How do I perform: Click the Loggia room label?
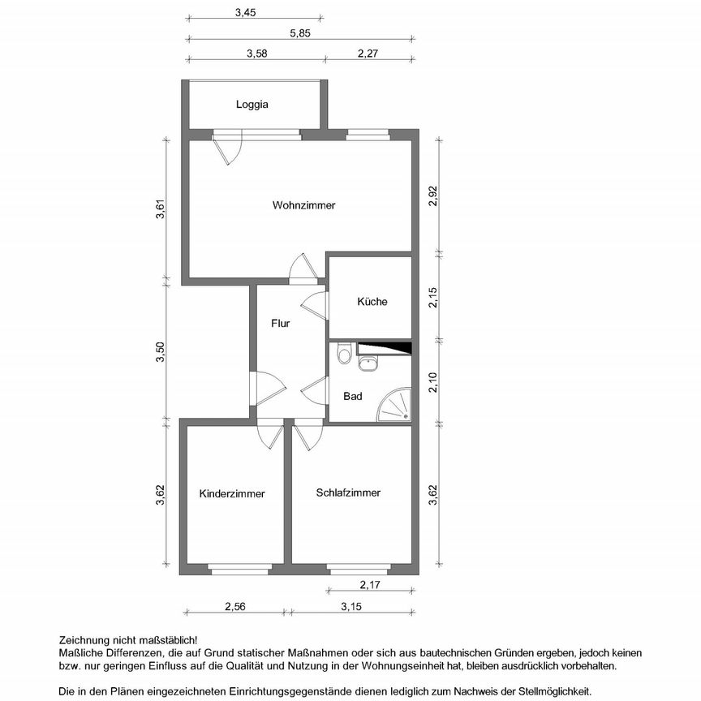tap(252, 105)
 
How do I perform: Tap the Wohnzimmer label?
tap(303, 205)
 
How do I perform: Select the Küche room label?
tap(372, 302)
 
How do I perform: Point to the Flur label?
tap(281, 323)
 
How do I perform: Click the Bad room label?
tap(353, 397)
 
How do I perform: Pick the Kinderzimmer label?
tap(232, 493)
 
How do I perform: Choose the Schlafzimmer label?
tap(349, 492)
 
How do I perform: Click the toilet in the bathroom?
tap(345, 354)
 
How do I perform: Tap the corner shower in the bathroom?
tap(397, 405)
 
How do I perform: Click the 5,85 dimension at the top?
tap(300, 34)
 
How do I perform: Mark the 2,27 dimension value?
tap(368, 54)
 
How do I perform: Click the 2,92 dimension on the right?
tap(434, 197)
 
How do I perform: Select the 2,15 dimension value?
tap(434, 298)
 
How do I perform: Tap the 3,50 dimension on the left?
tap(161, 352)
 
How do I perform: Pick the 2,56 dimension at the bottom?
tap(235, 606)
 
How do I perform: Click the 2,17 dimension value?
tap(369, 585)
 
